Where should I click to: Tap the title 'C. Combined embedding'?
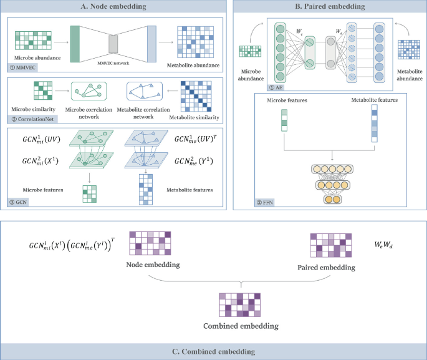coord(213,350)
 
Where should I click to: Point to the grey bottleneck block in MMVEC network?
coord(113,44)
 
